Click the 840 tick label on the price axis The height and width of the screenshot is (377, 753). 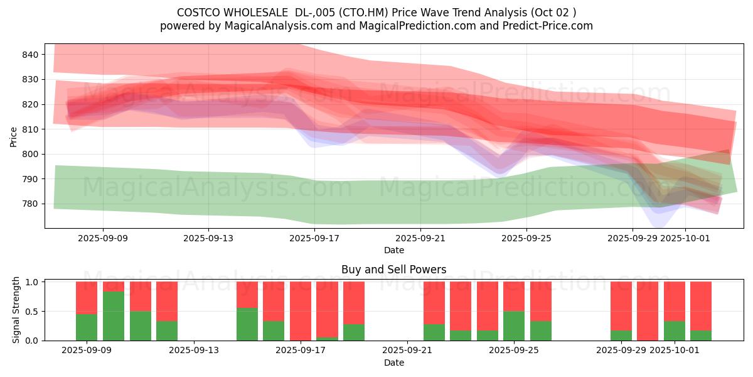[x=31, y=55]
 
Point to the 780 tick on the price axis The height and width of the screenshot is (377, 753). [x=31, y=204]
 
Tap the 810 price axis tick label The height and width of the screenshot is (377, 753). [x=31, y=129]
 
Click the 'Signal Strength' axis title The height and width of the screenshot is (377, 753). [x=16, y=310]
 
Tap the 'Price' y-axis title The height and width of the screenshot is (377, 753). [x=14, y=136]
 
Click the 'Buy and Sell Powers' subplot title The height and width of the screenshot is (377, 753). [x=393, y=270]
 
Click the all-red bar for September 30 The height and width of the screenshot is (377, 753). [x=648, y=311]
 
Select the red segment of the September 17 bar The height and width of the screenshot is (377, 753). [x=300, y=310]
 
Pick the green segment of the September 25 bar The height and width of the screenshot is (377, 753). [x=514, y=325]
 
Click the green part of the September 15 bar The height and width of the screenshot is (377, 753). [x=247, y=324]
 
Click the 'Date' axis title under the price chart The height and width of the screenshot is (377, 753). [x=393, y=250]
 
